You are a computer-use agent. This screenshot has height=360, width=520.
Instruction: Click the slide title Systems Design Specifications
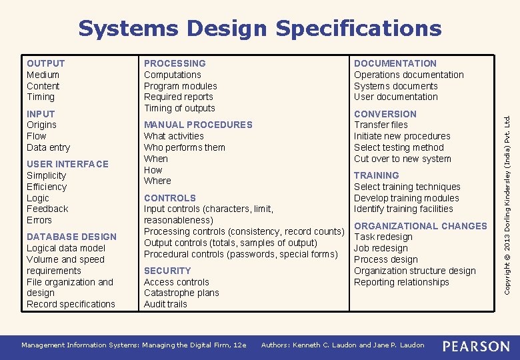pos(259,29)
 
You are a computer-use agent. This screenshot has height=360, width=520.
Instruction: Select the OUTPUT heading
pos(46,63)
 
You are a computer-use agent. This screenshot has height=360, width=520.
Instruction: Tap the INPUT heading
pos(41,114)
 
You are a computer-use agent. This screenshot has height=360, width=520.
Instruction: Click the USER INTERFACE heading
pos(67,164)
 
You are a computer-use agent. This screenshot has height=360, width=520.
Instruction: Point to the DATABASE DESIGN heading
pos(71,237)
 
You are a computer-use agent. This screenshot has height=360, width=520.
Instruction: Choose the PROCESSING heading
pos(175,63)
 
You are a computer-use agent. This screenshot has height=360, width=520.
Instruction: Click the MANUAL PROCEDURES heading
pos(198,125)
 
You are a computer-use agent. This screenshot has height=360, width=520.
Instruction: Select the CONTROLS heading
pos(170,198)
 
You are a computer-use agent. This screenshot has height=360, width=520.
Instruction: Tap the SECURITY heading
pos(167,271)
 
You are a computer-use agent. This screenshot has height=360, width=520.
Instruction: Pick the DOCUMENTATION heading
pos(395,63)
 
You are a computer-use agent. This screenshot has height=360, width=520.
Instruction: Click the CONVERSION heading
pos(385,114)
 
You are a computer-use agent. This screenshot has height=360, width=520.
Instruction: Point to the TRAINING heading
pos(377,175)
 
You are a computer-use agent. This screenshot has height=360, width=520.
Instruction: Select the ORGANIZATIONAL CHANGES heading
pos(421,226)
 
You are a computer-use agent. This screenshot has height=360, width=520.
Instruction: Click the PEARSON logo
pos(476,345)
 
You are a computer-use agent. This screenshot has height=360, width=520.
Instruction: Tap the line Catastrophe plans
pos(181,293)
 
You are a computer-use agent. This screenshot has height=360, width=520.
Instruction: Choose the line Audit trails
pos(165,304)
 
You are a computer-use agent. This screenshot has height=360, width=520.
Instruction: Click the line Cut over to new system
pos(403,159)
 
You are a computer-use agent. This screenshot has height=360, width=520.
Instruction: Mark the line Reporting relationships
pos(401,282)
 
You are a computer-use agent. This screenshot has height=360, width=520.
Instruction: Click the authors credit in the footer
pos(343,345)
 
